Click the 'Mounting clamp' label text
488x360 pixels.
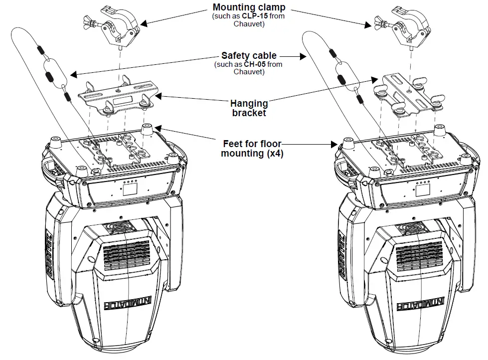tap(249, 7)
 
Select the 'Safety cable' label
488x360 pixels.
tap(249, 56)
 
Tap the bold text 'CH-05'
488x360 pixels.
tap(253, 64)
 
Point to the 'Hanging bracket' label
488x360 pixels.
tap(249, 108)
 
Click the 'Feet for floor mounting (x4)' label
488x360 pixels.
tap(253, 149)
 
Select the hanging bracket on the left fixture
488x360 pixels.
tap(119, 97)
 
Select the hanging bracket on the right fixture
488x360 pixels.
tap(408, 95)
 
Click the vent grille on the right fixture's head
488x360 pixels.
tap(420, 254)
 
